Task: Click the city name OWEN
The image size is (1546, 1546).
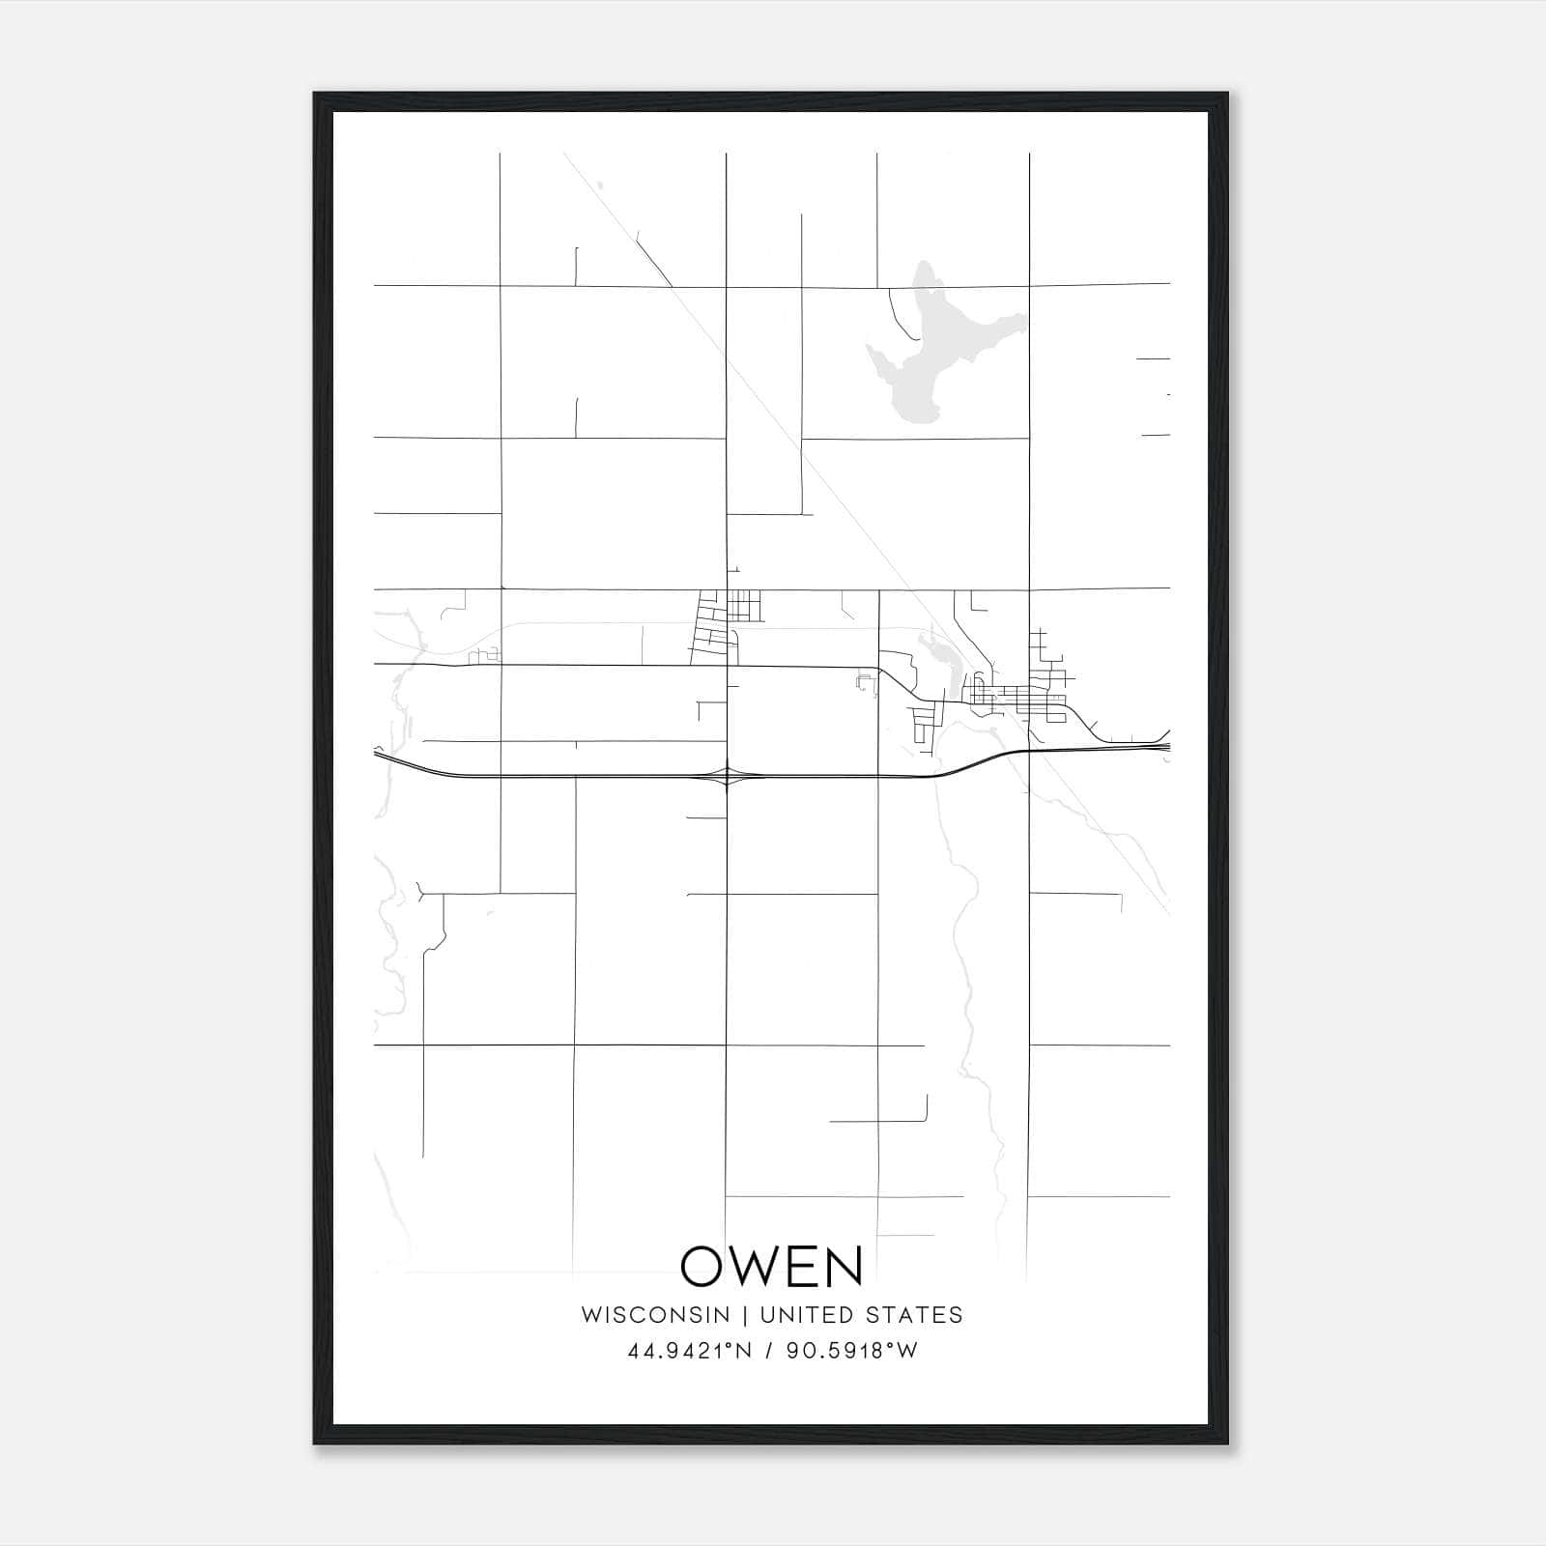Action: coord(772,1266)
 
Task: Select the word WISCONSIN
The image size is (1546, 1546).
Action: coord(655,1315)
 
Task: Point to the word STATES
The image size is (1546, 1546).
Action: coord(914,1315)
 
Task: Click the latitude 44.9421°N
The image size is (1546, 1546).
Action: coord(690,1351)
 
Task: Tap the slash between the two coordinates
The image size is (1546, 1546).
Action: coord(769,1351)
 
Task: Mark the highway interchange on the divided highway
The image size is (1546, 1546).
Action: coord(726,775)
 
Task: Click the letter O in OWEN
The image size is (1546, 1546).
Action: coord(703,1266)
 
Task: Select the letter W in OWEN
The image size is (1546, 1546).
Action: coord(762,1266)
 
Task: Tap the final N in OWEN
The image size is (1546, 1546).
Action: coord(843,1266)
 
